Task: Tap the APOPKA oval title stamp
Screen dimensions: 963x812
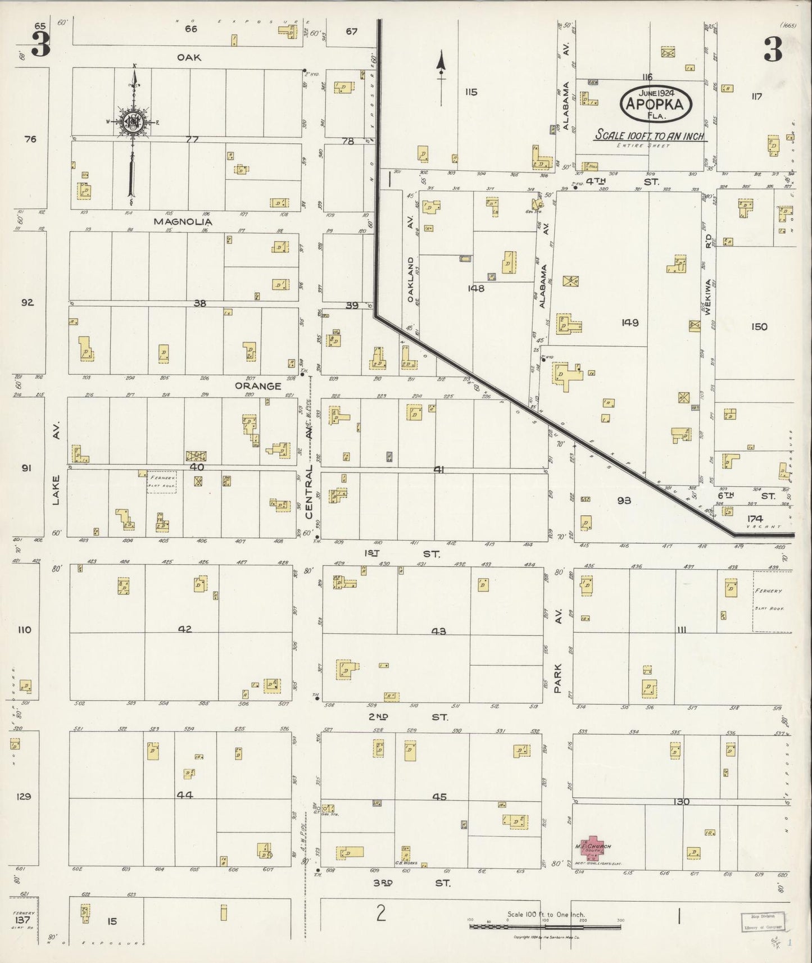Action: click(x=656, y=103)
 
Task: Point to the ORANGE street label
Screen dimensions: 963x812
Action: click(x=257, y=386)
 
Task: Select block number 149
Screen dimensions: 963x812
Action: click(x=630, y=322)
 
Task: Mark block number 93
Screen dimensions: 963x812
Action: click(x=624, y=500)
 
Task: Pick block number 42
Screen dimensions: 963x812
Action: click(x=185, y=629)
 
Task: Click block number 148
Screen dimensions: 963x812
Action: click(x=475, y=288)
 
